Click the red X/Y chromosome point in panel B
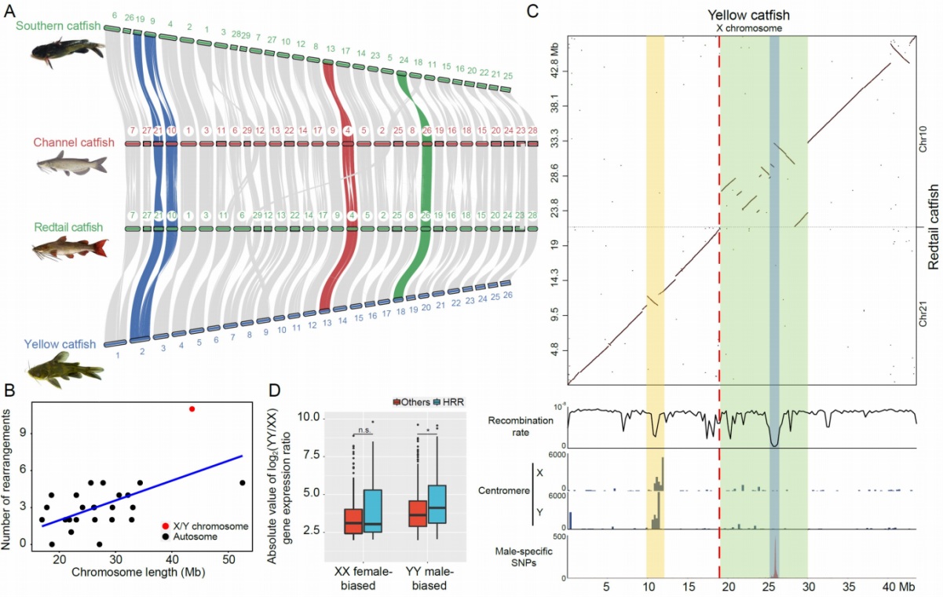pos(192,409)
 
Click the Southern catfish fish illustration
pos(68,51)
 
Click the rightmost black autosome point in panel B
pos(243,483)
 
